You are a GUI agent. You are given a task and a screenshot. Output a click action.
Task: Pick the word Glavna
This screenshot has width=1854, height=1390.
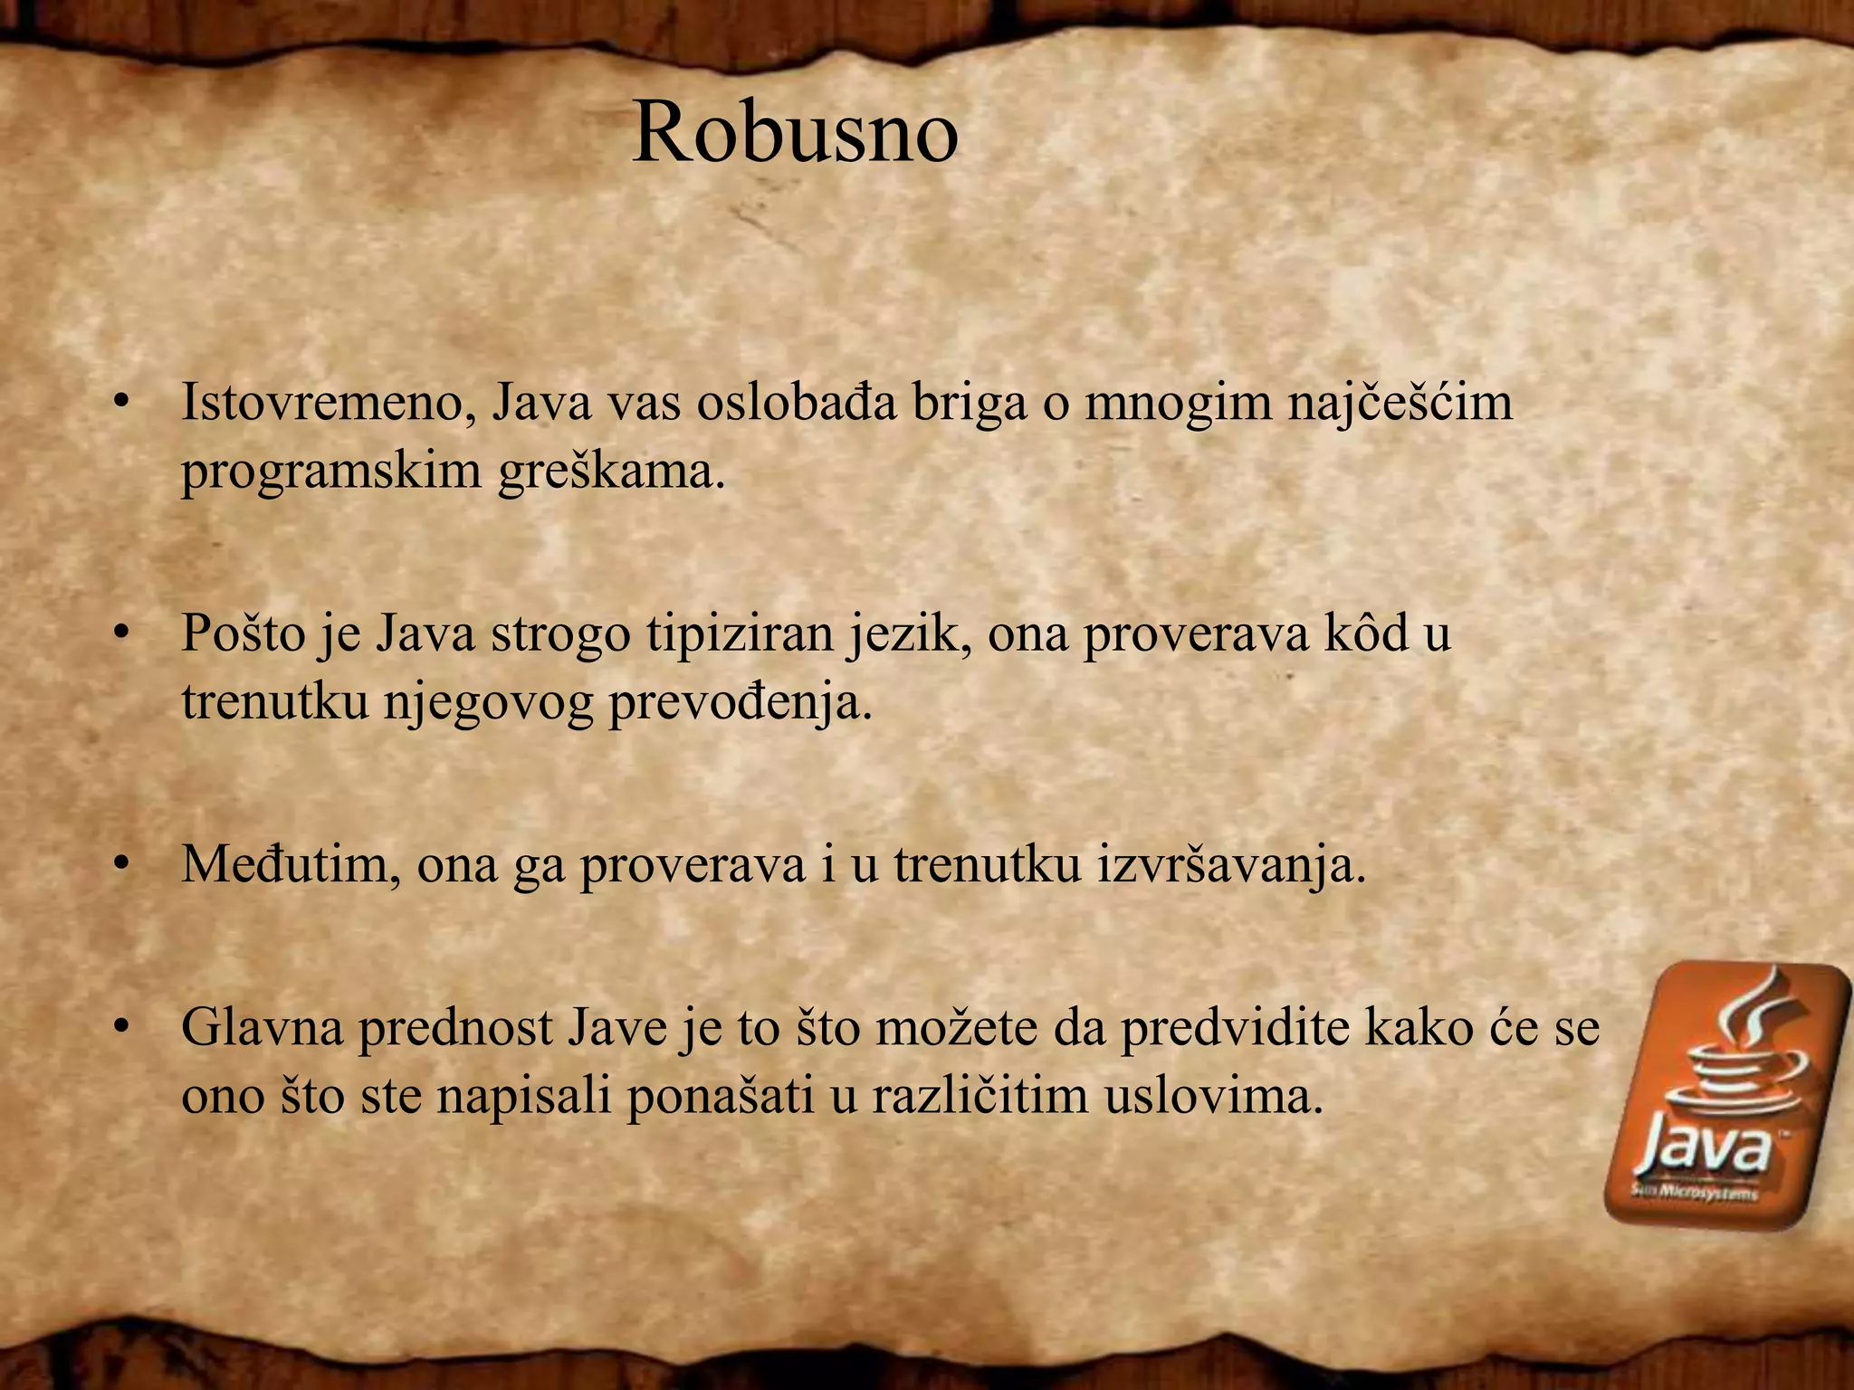tap(263, 1028)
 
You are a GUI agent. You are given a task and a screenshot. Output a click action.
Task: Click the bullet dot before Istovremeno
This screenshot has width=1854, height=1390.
tap(119, 404)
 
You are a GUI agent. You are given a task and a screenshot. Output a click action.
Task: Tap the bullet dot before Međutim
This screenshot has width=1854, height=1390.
tap(119, 866)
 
